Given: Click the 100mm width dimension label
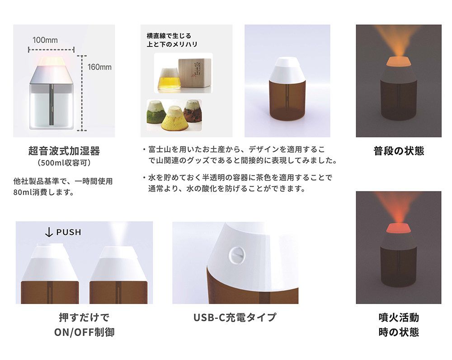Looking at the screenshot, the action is [45, 40].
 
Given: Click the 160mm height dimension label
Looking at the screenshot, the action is [99, 67].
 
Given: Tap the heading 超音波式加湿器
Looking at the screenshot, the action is [64, 151].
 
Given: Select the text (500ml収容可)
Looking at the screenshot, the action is [64, 163].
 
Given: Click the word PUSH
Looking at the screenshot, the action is [69, 232].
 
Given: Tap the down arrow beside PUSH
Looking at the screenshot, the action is [49, 232].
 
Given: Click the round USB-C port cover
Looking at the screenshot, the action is [237, 255].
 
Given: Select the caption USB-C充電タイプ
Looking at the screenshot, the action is [235, 317].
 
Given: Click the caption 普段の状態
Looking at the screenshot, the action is [399, 151].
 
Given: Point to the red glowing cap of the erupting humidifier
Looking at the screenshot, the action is [399, 228].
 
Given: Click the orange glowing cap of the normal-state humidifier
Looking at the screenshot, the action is [399, 61].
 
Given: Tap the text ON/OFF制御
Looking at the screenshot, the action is [84, 332].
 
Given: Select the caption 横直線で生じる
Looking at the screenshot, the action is [169, 36].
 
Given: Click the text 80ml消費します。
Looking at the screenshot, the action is [44, 192].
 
